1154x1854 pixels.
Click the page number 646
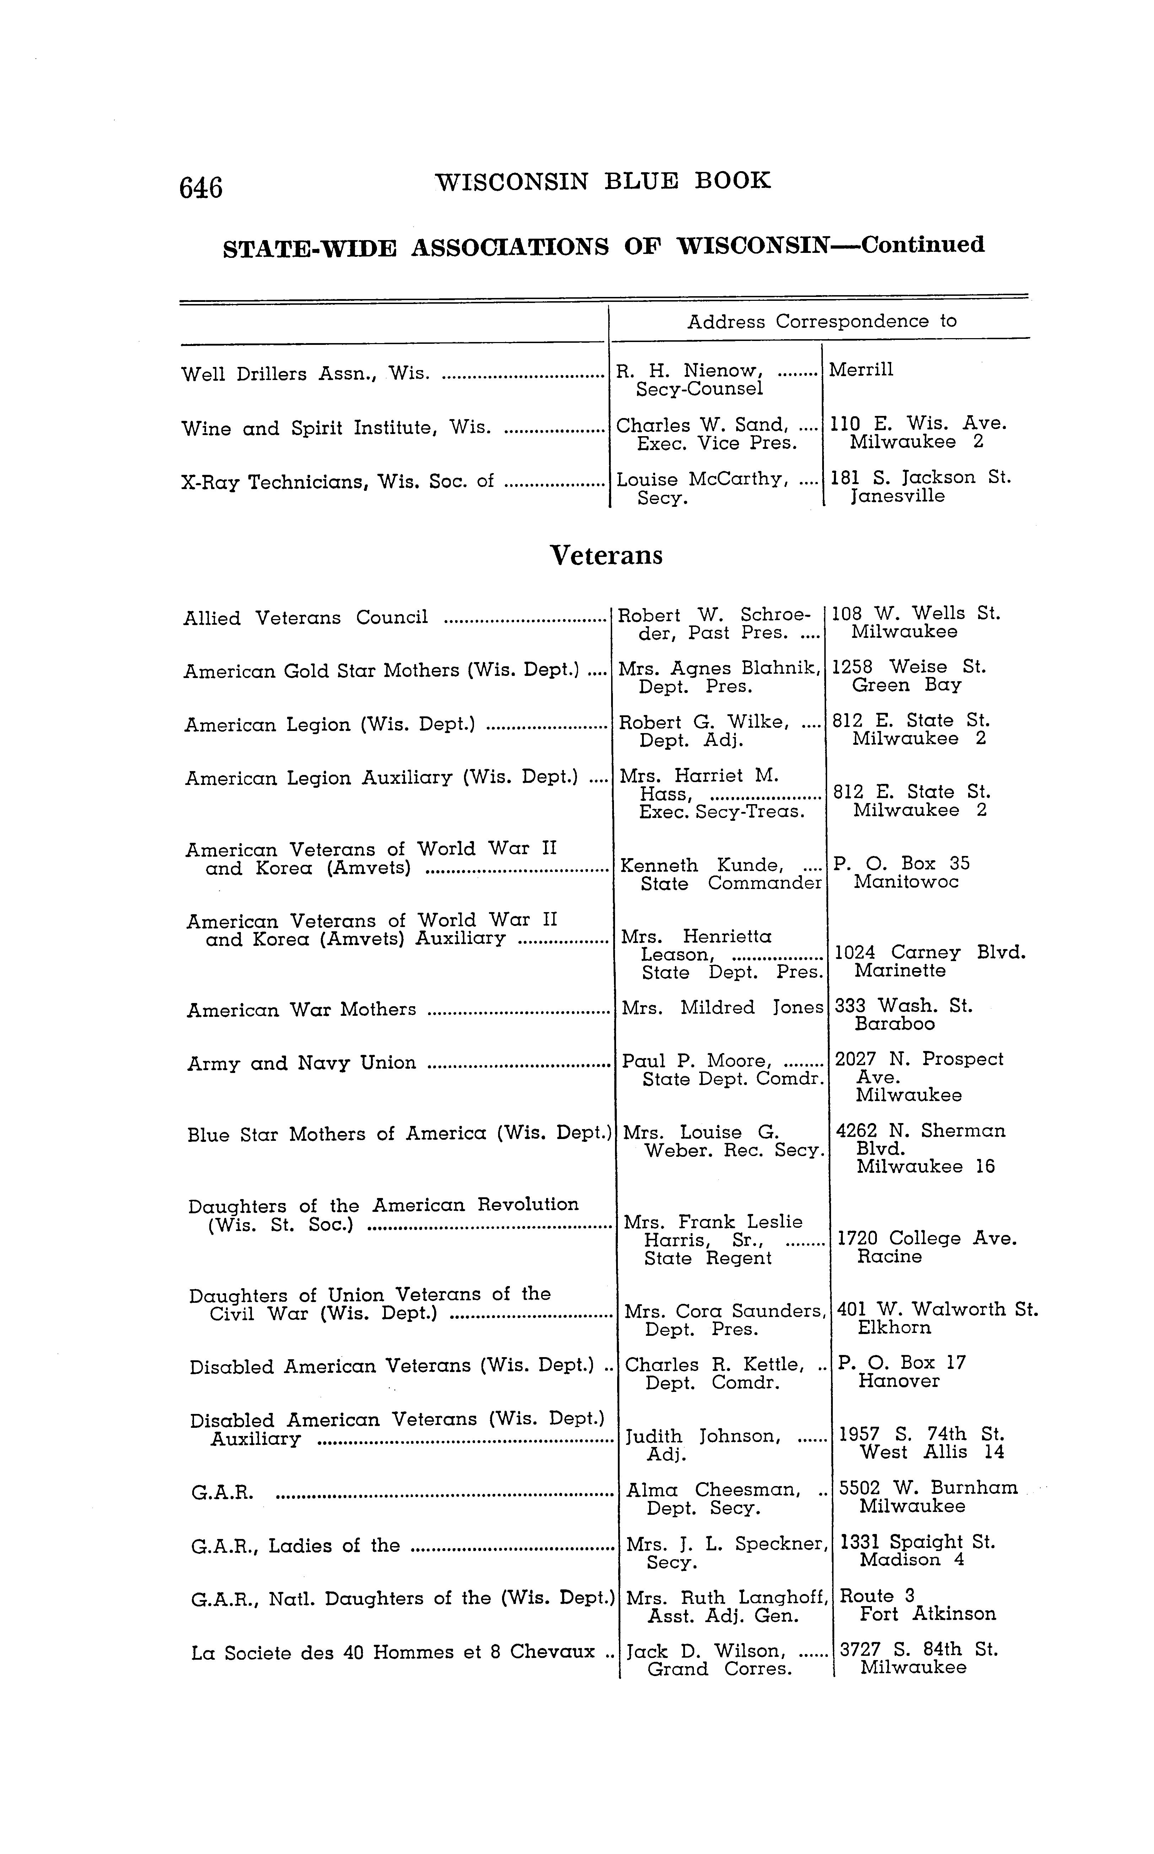point(201,187)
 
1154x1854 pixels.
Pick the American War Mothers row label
point(302,1010)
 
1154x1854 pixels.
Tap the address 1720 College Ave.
point(927,1238)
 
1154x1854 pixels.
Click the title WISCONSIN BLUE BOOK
point(603,181)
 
